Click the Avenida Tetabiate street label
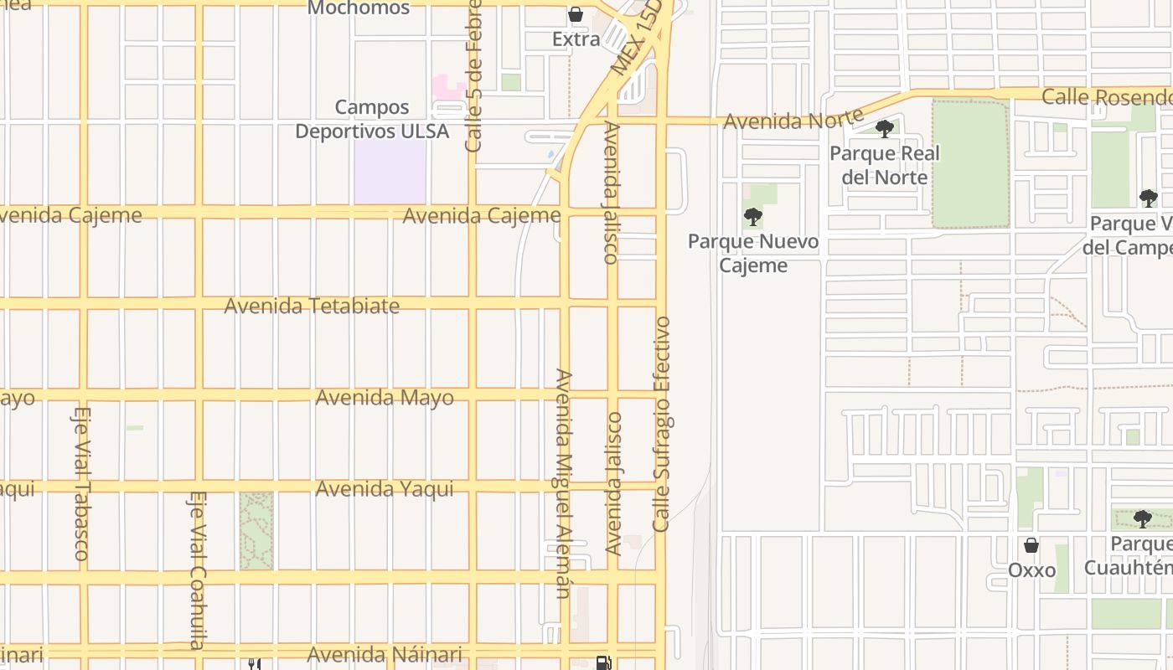point(312,306)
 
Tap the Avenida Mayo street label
point(385,397)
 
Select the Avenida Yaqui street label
point(385,488)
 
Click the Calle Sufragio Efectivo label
point(662,424)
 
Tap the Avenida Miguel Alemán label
point(563,483)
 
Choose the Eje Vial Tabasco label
point(81,483)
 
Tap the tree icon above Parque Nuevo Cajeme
point(753,218)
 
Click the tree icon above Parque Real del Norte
point(884,129)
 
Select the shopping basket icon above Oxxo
point(1031,545)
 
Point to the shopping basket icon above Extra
point(576,14)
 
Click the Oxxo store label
point(1031,570)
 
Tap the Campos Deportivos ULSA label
point(372,119)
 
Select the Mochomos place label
point(359,8)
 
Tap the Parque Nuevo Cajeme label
point(753,253)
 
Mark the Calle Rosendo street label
point(1106,96)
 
